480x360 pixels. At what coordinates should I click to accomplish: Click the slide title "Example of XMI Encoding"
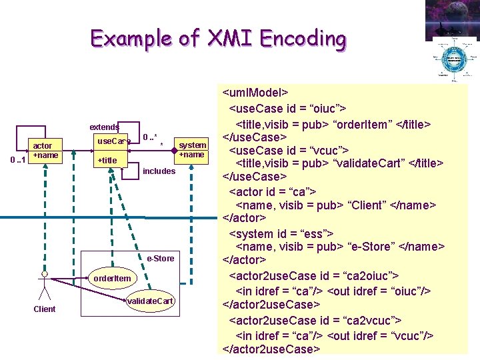[219, 39]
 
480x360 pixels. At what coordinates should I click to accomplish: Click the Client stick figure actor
[44, 286]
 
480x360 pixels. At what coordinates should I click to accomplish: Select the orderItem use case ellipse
[112, 278]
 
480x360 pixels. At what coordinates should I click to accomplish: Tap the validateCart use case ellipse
[151, 301]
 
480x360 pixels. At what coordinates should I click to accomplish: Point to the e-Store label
[160, 258]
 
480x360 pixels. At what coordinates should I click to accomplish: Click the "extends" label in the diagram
[105, 127]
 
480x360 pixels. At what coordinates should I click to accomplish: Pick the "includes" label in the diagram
[159, 171]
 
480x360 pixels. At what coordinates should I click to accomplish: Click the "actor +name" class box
[46, 151]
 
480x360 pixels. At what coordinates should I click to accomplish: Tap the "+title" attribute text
[107, 160]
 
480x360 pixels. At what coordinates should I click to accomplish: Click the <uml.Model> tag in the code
[255, 94]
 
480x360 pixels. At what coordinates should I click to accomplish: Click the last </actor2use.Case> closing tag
[271, 349]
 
